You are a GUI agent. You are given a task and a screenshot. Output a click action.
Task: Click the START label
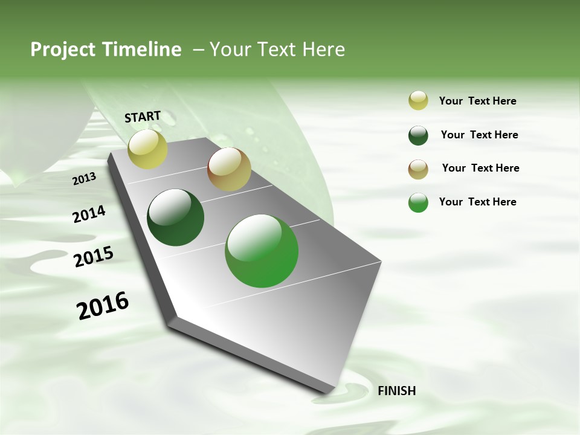click(x=143, y=117)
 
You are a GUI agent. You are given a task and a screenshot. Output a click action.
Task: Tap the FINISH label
click(x=396, y=391)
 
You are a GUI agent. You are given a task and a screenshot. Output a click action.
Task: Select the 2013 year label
click(x=84, y=178)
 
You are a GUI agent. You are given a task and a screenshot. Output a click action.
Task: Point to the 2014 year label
click(x=89, y=214)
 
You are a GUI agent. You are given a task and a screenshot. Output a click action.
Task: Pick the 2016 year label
click(x=103, y=306)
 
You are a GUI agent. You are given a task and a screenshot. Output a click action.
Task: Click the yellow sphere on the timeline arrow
click(x=147, y=149)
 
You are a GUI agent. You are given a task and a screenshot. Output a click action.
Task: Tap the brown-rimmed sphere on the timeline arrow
click(x=229, y=169)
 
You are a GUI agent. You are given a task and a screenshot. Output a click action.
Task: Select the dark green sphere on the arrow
click(x=175, y=217)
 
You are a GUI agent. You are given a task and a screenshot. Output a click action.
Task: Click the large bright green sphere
click(x=262, y=251)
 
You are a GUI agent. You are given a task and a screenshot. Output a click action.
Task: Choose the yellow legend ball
click(x=418, y=101)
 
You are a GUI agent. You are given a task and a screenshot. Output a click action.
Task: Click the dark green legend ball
click(x=418, y=135)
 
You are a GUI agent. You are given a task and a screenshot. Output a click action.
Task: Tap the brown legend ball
click(x=418, y=169)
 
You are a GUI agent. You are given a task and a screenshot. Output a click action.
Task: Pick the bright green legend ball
click(x=418, y=202)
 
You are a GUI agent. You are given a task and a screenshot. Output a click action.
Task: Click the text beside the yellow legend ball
click(x=477, y=101)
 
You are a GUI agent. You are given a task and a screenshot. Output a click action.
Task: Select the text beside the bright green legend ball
click(x=477, y=202)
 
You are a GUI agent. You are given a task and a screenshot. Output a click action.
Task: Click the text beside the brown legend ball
click(x=480, y=168)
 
